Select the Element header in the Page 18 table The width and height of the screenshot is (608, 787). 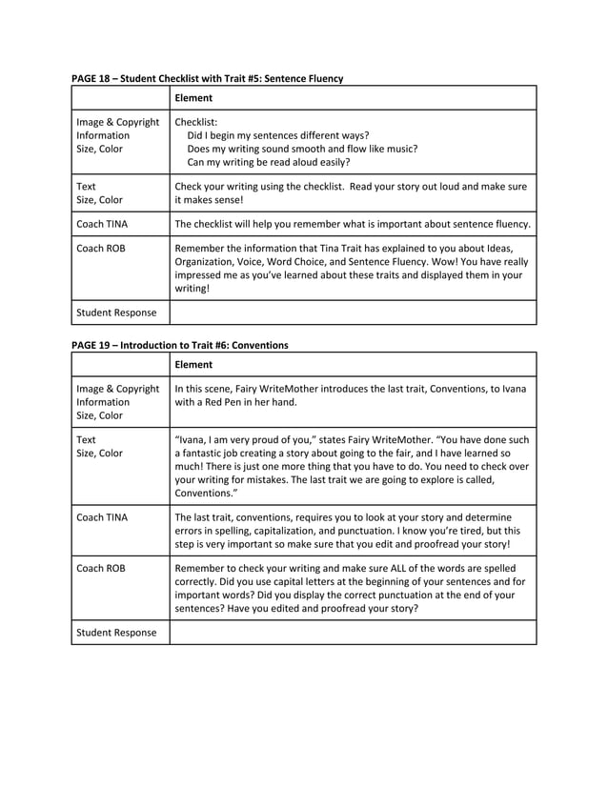194,98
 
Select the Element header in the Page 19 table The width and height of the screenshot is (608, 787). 194,365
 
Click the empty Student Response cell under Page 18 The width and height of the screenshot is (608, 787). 353,313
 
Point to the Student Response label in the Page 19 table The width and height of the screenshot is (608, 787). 116,633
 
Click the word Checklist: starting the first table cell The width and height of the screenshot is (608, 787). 196,122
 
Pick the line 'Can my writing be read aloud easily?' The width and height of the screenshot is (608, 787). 269,162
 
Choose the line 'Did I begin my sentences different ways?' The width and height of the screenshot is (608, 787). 277,135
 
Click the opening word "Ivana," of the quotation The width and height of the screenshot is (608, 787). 195,440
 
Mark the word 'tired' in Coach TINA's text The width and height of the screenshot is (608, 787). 484,531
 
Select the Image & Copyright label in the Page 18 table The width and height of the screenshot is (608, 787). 117,122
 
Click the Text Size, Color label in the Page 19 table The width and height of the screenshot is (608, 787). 99,447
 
